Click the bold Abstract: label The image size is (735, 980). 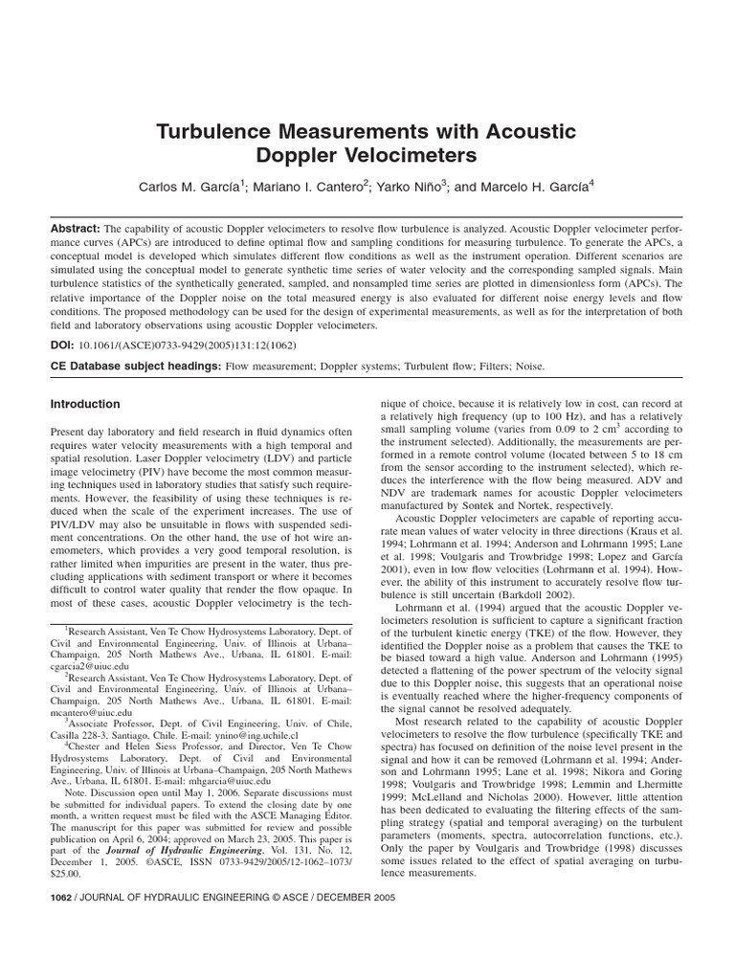[75, 231]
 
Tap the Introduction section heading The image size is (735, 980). [85, 405]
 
